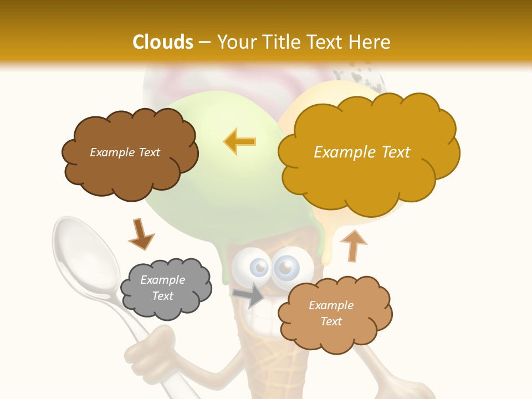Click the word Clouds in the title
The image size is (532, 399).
162,42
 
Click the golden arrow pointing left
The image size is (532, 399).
240,142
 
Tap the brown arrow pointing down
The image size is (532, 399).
141,233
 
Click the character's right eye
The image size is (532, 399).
286,268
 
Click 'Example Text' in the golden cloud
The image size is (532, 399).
362,152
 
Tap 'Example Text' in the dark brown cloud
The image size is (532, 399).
125,152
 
